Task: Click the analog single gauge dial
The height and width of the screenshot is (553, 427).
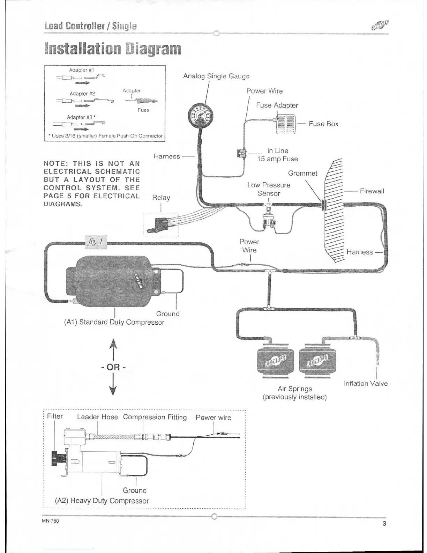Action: [201, 116]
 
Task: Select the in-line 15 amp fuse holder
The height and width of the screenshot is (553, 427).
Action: [242, 153]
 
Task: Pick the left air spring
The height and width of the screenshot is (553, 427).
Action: [275, 361]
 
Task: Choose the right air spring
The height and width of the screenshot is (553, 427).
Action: [317, 361]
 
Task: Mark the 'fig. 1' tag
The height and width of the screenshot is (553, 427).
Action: [96, 242]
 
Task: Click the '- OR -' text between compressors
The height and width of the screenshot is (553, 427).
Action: [113, 367]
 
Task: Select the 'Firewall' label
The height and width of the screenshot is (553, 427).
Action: [372, 191]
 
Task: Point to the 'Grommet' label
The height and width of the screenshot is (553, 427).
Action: [302, 174]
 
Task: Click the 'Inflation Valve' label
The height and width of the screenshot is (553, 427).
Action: [366, 383]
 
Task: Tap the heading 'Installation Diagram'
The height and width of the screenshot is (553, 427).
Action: [113, 49]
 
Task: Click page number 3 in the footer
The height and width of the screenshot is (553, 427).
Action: [384, 523]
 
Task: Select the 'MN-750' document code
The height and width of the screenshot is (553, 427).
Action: [50, 521]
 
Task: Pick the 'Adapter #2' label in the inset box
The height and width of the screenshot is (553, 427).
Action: [82, 94]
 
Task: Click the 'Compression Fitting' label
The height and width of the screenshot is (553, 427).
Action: [155, 417]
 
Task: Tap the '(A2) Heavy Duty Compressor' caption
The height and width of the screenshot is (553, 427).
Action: [102, 501]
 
